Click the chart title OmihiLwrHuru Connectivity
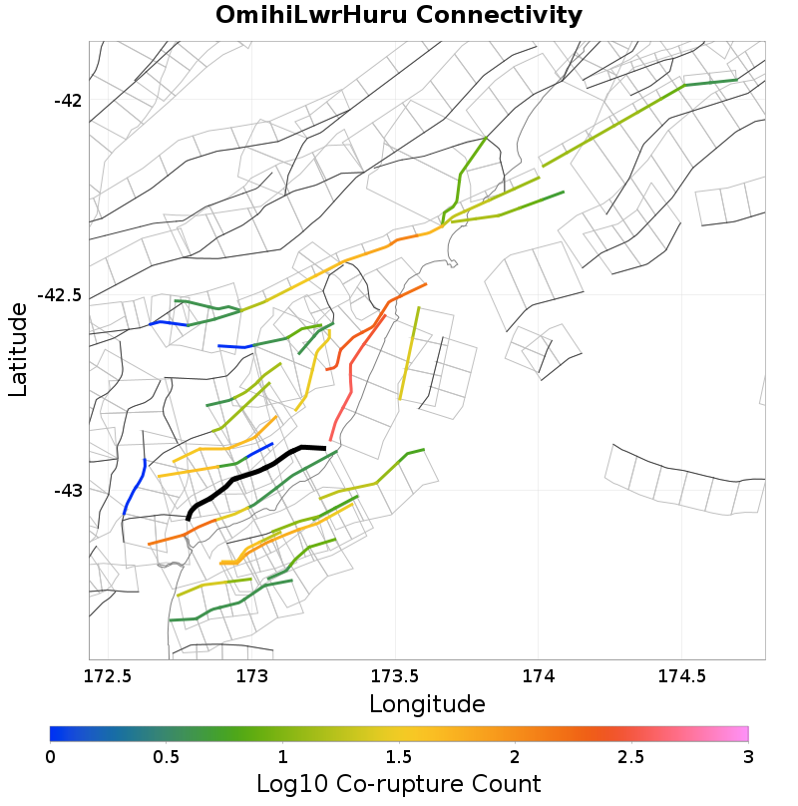click(x=399, y=15)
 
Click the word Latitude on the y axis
click(x=18, y=350)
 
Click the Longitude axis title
click(x=427, y=704)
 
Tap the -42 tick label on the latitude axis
click(x=70, y=101)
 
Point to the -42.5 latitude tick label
click(x=62, y=295)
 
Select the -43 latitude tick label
click(x=70, y=490)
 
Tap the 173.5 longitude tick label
click(x=395, y=676)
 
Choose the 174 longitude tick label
click(x=539, y=676)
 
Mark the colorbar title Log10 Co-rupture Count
click(x=399, y=783)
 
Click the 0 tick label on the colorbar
click(x=51, y=757)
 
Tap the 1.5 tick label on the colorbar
click(x=399, y=757)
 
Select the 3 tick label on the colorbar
click(x=748, y=757)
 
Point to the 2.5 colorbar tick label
click(x=631, y=757)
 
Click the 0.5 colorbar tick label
click(x=167, y=757)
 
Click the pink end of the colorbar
click(x=742, y=734)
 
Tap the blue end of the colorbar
click(x=56, y=734)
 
